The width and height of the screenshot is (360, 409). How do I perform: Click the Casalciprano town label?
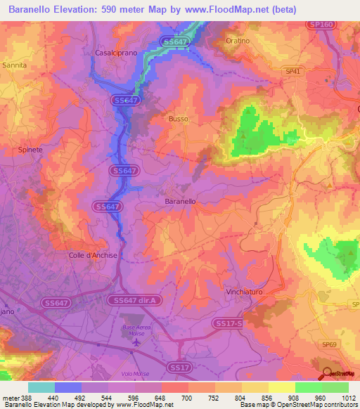tap(115, 53)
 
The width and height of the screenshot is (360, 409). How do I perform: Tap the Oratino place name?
tap(238, 41)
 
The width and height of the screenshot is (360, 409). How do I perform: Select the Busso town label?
tap(178, 119)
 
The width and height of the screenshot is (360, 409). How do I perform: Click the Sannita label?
tap(15, 65)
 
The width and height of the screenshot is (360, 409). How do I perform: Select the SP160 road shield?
tap(319, 25)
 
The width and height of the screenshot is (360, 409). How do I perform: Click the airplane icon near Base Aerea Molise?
tap(136, 342)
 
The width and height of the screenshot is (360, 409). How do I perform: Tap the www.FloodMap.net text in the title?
tap(229, 9)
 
